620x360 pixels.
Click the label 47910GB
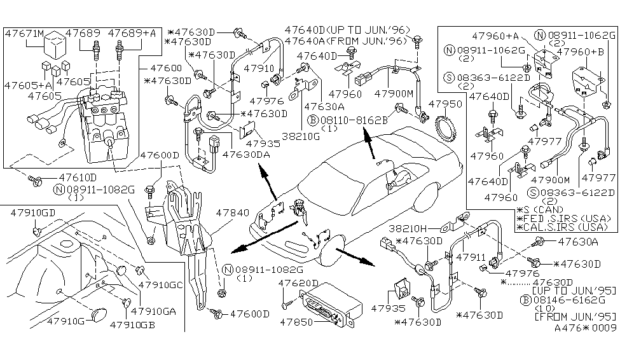[x=133, y=324]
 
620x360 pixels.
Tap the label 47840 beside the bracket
[x=233, y=215]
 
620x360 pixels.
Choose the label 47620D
[x=299, y=282]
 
